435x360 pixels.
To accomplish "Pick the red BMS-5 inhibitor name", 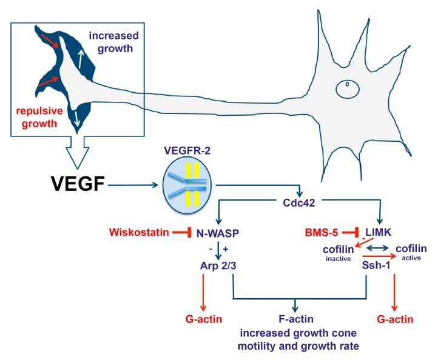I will pyautogui.click(x=326, y=232).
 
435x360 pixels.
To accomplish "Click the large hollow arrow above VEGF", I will pyautogui.click(x=85, y=155).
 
